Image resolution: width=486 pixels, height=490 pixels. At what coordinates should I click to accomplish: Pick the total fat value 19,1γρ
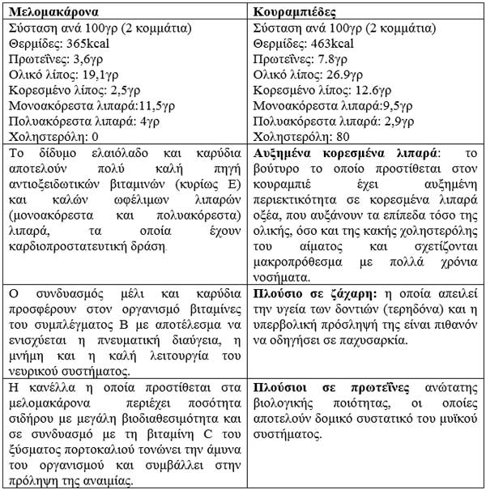coord(96,75)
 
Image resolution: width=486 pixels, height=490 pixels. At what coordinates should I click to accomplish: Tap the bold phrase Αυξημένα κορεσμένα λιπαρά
coord(345,152)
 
